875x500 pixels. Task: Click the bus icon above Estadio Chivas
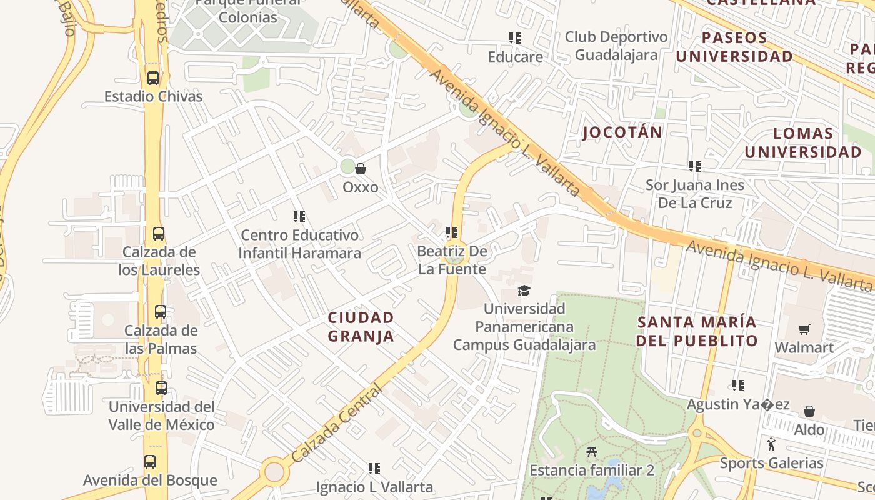pos(152,78)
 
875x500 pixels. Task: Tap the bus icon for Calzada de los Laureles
pos(159,234)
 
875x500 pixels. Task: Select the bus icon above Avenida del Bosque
pos(150,462)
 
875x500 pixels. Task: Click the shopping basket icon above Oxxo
pos(361,169)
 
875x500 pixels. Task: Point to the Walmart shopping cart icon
pos(804,329)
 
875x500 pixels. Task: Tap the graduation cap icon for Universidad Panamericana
pos(524,291)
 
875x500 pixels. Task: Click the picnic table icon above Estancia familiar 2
pos(591,452)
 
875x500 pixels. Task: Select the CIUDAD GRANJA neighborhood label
pos(361,327)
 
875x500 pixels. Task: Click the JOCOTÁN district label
pos(622,132)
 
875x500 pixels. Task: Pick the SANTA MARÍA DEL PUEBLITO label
pos(697,332)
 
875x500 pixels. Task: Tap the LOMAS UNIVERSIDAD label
pos(803,142)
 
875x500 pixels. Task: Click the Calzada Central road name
pos(336,424)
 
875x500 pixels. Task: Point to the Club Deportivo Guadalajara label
pos(616,46)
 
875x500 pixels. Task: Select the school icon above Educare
pos(515,38)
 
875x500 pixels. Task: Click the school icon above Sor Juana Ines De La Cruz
pos(694,166)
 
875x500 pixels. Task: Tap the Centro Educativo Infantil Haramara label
pos(300,244)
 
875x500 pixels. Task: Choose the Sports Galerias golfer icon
pos(771,444)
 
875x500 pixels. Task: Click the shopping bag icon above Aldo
pos(809,411)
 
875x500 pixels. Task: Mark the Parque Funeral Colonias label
pos(248,11)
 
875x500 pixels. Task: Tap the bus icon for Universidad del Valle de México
pos(161,388)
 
